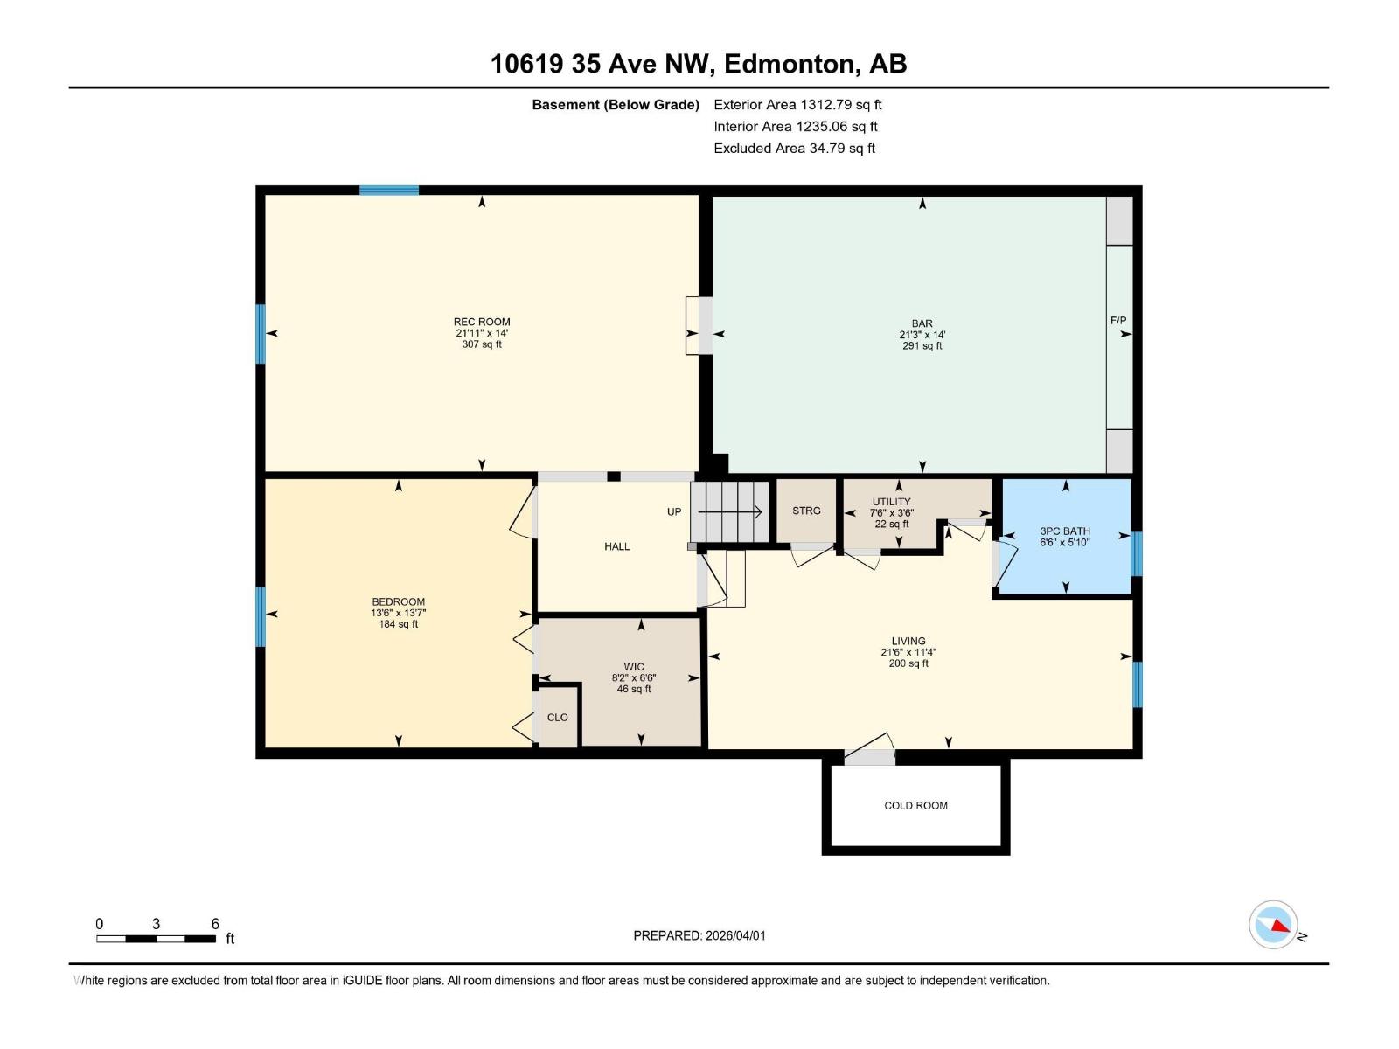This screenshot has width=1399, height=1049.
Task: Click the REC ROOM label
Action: point(482,322)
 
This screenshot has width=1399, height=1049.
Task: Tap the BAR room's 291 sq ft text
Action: point(922,346)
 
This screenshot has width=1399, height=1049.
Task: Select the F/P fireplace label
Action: point(1118,321)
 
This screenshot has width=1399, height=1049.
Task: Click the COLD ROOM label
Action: point(915,806)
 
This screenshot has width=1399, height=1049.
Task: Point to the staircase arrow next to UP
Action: point(730,511)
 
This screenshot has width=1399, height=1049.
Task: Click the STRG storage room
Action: point(806,511)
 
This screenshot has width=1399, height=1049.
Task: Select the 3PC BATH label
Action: point(1065,531)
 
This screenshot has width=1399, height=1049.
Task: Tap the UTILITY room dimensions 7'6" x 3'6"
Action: point(892,513)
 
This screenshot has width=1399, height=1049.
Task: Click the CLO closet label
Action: point(557,718)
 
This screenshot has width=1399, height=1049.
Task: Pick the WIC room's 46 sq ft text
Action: point(634,690)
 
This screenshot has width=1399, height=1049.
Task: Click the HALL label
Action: point(617,546)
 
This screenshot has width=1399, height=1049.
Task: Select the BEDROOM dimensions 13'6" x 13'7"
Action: point(399,613)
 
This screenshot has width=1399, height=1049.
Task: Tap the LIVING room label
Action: point(908,641)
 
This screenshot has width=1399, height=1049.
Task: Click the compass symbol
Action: point(1273,924)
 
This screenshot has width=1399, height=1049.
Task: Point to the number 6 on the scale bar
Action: point(215,924)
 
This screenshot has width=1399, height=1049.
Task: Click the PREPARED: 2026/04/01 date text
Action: point(699,935)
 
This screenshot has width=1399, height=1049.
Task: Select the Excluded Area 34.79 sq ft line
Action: point(794,149)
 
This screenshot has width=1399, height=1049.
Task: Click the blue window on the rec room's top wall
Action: point(389,191)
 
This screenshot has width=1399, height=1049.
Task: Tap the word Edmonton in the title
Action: point(790,64)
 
